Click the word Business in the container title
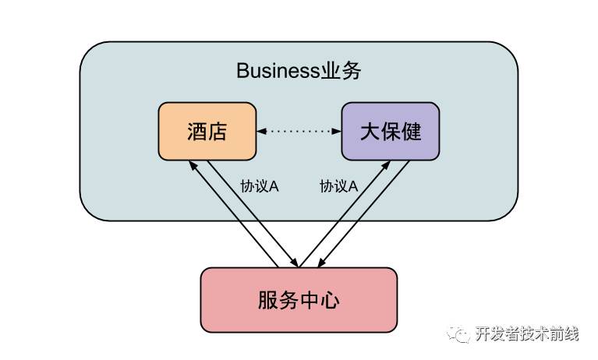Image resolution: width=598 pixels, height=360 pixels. click(x=278, y=72)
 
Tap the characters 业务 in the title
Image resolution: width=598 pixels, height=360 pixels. click(x=341, y=72)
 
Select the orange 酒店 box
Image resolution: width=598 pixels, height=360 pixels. click(x=207, y=131)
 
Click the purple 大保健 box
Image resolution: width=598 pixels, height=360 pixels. click(x=390, y=131)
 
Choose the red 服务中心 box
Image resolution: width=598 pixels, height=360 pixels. click(x=299, y=300)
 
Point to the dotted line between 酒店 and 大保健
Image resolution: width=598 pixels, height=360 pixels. click(x=299, y=132)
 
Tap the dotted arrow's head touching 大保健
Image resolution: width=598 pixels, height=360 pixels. click(x=337, y=132)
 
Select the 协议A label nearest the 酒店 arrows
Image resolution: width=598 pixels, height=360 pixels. click(x=260, y=186)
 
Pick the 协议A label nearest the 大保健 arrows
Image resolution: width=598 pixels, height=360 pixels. click(x=338, y=186)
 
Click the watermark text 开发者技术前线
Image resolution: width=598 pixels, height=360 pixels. click(x=527, y=334)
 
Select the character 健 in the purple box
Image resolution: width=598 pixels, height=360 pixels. click(x=411, y=131)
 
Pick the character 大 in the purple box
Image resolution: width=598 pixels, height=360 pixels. click(x=369, y=131)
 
